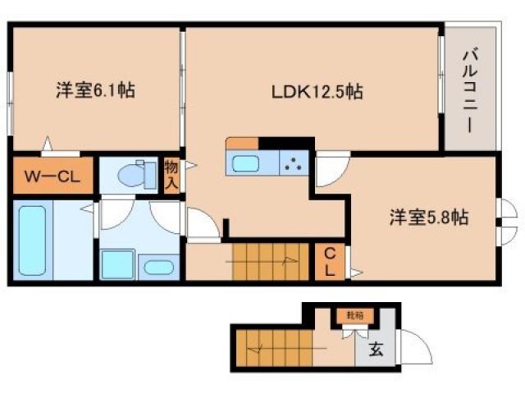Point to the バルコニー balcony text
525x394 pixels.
point(470,91)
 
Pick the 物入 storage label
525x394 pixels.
point(171,175)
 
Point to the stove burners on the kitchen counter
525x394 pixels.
point(294,163)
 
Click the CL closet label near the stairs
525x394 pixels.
point(328,261)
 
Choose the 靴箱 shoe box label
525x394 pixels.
point(349,314)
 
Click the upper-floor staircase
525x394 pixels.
point(268,261)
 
